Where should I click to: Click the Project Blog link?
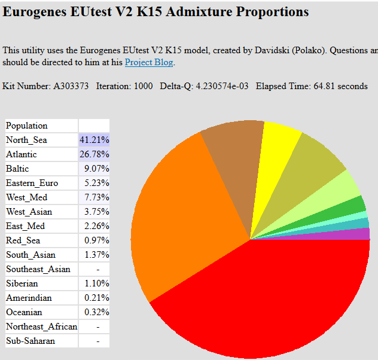[149, 62]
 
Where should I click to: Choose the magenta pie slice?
[347, 234]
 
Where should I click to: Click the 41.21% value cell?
[94, 140]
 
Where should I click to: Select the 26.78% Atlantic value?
[94, 154]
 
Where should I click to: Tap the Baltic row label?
[17, 169]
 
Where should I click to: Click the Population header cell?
[27, 126]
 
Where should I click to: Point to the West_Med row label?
[27, 197]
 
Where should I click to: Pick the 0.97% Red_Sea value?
[97, 240]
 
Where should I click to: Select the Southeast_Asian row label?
[38, 269]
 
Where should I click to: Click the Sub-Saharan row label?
[31, 341]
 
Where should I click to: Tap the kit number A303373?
[71, 86]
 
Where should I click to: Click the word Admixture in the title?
[199, 11]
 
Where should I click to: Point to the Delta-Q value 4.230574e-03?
[222, 86]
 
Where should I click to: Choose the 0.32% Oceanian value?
[97, 312]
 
